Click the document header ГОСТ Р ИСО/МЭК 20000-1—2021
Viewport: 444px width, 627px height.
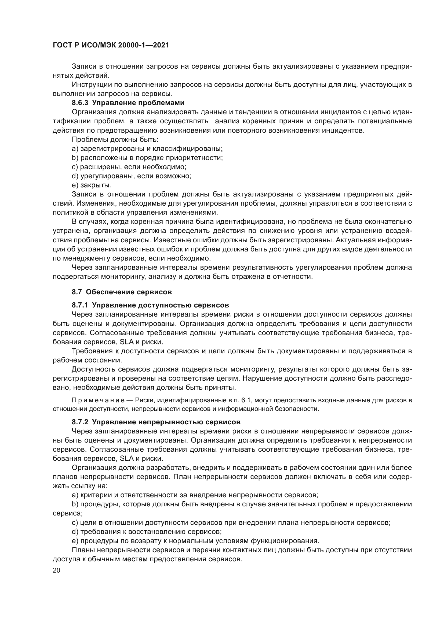click(111, 45)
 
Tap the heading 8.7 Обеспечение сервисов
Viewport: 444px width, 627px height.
click(122, 292)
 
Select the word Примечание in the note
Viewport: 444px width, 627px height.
click(98, 400)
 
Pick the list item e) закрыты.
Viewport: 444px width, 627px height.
click(91, 185)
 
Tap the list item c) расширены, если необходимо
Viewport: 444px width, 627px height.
click(129, 167)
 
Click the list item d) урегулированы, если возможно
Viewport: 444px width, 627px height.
click(131, 176)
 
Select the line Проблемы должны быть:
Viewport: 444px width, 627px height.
click(115, 140)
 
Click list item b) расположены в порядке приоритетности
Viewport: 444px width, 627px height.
click(147, 158)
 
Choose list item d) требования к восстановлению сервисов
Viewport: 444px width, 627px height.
click(147, 532)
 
